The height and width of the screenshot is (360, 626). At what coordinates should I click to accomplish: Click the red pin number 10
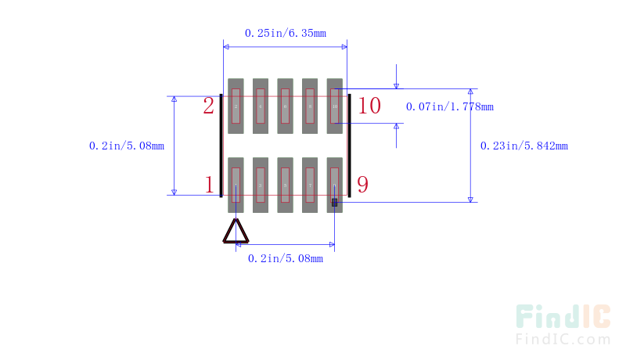[369, 106]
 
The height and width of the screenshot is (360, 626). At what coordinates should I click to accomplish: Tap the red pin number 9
[363, 185]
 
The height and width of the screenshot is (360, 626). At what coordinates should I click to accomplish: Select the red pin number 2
[209, 106]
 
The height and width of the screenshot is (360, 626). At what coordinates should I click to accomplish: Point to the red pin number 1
[209, 185]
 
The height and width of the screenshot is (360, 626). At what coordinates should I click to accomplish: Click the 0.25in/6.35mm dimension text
[285, 33]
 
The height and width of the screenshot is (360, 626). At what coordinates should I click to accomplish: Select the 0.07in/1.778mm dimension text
[449, 106]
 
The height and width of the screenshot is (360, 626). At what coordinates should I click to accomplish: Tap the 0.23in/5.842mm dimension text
[523, 146]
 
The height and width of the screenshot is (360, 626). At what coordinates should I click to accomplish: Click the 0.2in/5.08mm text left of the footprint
[127, 146]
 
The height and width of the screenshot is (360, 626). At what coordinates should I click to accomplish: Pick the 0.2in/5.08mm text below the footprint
[285, 258]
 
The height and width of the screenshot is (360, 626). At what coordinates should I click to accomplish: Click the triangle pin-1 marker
[236, 232]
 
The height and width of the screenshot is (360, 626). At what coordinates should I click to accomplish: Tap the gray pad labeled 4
[261, 106]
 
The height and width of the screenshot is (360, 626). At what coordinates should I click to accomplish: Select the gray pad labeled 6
[285, 106]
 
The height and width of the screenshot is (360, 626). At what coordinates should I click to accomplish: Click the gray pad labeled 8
[310, 106]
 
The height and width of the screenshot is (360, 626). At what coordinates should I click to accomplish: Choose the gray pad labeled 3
[261, 185]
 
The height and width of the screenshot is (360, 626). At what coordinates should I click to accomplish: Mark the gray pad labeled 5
[285, 185]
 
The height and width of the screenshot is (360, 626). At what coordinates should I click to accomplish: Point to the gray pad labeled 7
[310, 185]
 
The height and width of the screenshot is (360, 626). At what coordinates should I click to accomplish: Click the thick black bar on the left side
[221, 146]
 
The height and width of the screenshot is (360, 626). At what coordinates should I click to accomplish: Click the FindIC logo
[563, 324]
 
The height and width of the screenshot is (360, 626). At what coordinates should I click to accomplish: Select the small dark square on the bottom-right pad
[335, 203]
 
